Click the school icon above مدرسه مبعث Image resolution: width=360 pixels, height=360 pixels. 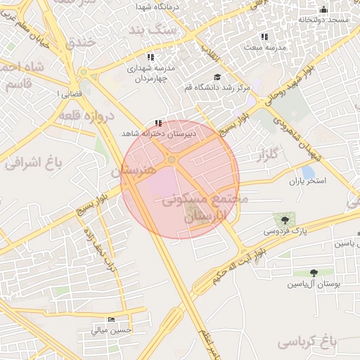coord(264,36)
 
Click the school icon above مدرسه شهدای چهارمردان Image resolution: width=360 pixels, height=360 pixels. coord(150,57)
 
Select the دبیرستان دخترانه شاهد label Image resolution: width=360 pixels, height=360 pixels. coord(161,132)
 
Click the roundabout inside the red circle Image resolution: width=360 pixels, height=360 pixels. coord(172,160)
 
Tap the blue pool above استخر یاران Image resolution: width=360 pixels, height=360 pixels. coord(307,172)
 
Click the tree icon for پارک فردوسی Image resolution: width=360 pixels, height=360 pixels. coord(285,221)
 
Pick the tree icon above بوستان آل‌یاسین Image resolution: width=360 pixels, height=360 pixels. coord(314,273)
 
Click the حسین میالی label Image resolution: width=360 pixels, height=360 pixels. coord(108,329)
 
